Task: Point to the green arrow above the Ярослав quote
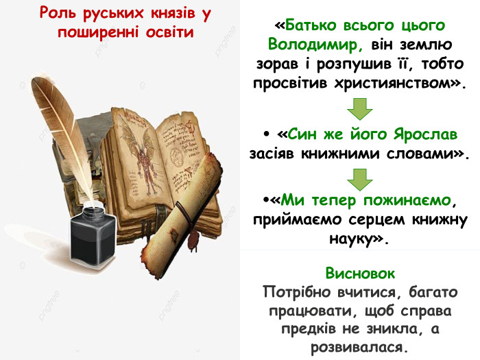(x=359, y=108)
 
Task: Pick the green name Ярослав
(x=421, y=133)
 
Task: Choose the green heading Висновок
(x=360, y=274)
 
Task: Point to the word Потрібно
(x=296, y=292)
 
